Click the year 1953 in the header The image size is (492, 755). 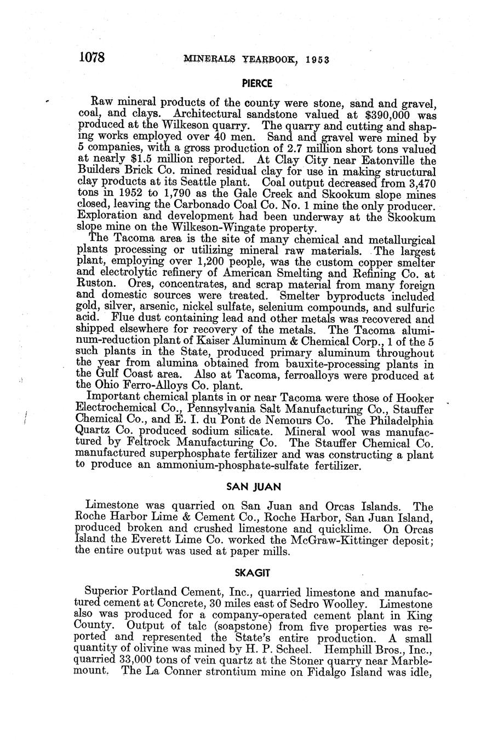pos(313,60)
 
